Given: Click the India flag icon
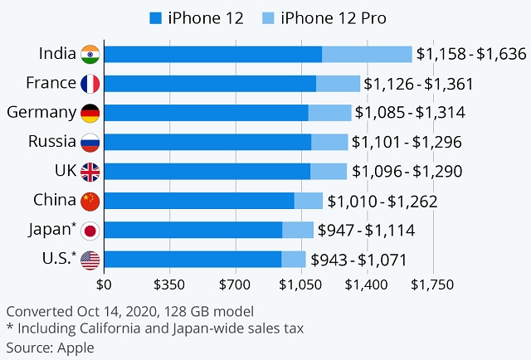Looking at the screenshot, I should point(90,55).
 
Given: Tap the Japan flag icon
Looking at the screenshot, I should point(90,230).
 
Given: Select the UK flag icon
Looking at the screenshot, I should point(90,172).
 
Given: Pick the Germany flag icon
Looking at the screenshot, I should point(90,113).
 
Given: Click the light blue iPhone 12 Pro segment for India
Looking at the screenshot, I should point(367,55).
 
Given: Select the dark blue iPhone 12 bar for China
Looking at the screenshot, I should point(199,201).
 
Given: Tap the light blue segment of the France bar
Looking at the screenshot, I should point(338,84).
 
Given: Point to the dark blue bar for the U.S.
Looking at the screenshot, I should point(192,260).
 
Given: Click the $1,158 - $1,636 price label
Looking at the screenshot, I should point(471,55).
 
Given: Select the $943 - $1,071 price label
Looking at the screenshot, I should point(358,260).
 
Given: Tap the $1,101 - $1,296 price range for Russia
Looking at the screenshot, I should point(407,142).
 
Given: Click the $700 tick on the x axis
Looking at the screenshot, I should point(235,285).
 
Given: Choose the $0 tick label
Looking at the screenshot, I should point(105,285).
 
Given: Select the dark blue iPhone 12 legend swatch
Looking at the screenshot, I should point(155,17).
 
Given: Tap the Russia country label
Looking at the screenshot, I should point(51,141).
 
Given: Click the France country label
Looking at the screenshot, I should point(51,83).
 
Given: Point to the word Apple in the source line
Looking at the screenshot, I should point(76,348).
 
